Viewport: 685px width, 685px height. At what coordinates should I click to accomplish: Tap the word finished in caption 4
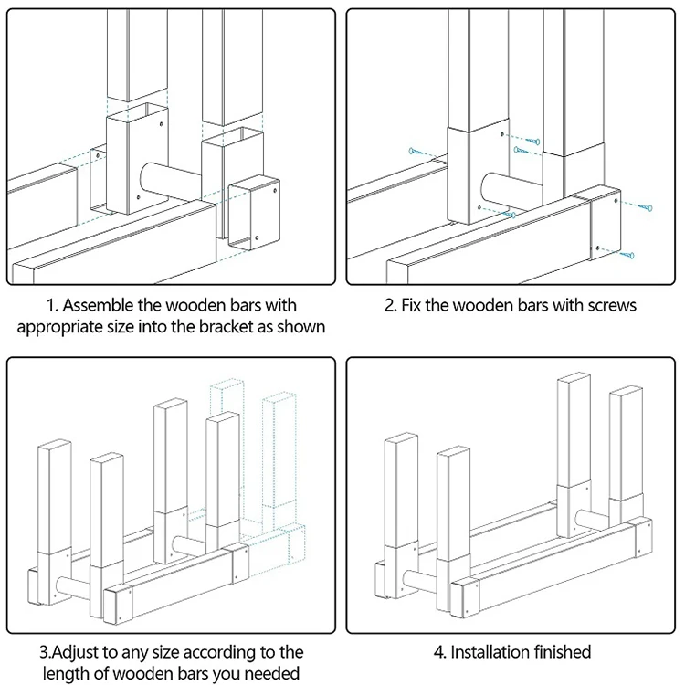tap(557, 652)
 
